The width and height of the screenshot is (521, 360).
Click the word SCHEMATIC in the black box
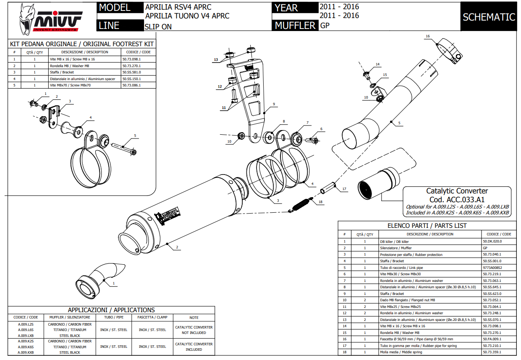click(489, 17)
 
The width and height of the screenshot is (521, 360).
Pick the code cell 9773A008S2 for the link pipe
click(492, 267)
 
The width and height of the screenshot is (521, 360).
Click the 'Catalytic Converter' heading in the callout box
click(457, 191)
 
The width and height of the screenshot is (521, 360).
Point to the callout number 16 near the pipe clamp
click(427, 36)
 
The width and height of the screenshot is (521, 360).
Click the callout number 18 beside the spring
click(321, 202)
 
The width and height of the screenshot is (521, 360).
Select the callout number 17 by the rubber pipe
click(344, 189)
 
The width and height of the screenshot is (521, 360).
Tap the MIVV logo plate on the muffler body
click(168, 215)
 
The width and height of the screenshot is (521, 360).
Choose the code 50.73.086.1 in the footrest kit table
click(131, 85)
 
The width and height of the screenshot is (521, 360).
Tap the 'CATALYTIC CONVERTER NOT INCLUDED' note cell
click(194, 330)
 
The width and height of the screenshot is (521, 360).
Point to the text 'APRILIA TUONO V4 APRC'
click(187, 16)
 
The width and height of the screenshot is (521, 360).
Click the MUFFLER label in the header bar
click(295, 26)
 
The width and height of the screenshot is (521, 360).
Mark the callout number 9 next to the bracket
click(273, 104)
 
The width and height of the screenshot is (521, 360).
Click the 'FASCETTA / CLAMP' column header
click(152, 317)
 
